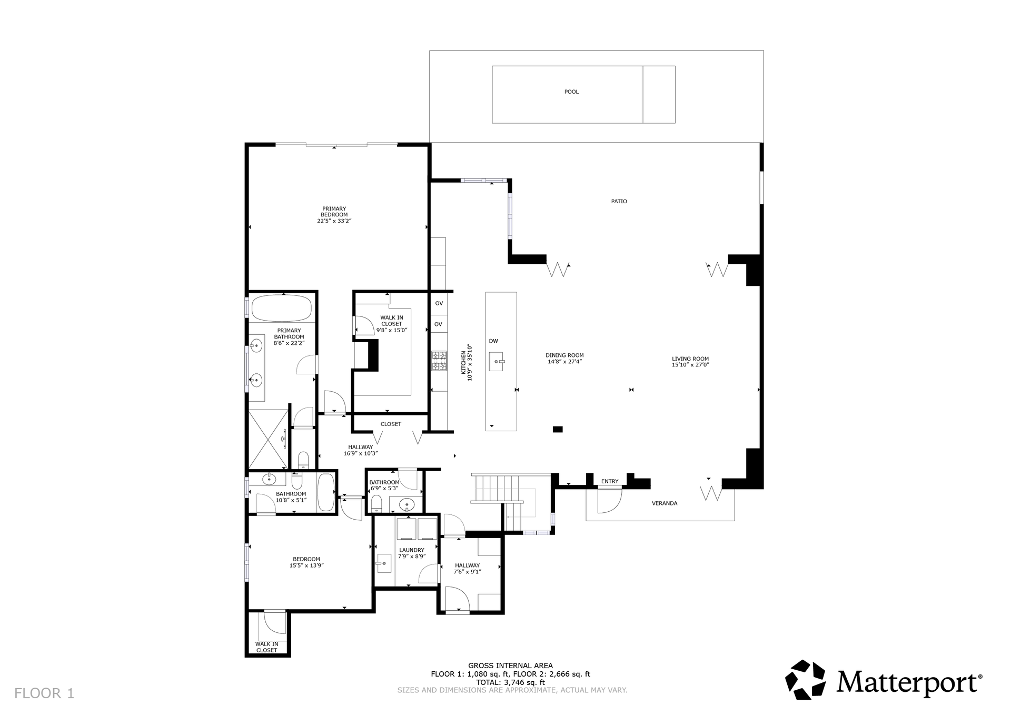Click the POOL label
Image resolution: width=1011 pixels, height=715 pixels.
571,92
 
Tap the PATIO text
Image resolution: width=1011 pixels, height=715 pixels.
619,201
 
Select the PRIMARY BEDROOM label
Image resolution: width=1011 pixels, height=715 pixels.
334,212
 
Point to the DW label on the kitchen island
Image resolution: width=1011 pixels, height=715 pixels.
493,341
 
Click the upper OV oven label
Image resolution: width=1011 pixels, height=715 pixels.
439,303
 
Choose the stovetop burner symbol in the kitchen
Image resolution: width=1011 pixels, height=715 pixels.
439,361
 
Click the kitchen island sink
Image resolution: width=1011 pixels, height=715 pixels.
497,361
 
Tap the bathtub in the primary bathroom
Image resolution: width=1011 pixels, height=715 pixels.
281,308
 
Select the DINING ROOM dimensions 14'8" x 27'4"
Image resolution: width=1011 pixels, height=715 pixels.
564,362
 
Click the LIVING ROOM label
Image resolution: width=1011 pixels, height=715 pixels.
690,359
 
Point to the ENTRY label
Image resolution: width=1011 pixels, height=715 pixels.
610,481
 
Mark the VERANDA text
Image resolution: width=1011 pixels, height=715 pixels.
665,503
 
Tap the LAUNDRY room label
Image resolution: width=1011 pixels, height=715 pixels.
412,550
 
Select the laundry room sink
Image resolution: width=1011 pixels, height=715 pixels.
383,563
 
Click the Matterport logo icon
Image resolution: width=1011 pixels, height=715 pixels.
805,680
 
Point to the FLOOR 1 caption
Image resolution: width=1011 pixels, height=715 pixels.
44,693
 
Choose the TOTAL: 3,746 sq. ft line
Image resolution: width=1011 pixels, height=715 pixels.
510,682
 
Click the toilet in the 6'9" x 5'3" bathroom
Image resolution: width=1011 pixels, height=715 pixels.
376,504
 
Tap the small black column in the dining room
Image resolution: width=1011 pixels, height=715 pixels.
558,429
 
